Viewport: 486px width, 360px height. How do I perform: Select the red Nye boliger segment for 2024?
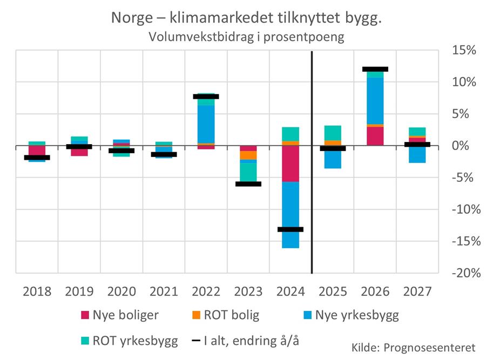click(291, 164)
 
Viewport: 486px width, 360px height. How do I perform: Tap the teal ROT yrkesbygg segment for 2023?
click(248, 172)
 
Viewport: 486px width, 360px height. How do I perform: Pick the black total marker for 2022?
click(206, 97)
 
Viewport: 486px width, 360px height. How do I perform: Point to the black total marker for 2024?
click(291, 229)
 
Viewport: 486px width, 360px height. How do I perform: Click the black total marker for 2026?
click(375, 69)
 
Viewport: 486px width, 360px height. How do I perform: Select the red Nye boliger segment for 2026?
click(375, 136)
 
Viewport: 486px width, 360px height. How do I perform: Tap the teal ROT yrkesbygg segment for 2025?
click(333, 133)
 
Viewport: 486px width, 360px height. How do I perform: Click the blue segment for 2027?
click(417, 155)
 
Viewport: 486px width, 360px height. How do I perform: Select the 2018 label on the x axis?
click(37, 291)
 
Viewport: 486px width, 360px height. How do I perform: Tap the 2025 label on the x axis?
click(333, 291)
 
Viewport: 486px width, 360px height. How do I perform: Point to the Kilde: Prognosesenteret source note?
click(413, 346)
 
